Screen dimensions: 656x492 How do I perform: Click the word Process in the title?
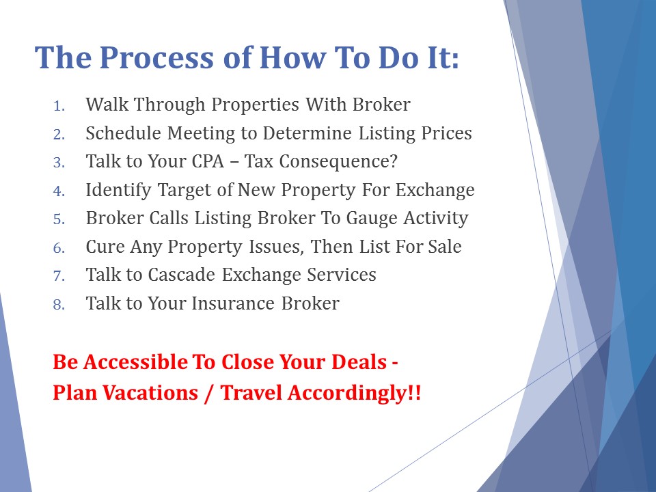pos(157,57)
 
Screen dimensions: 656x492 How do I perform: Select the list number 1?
pos(59,106)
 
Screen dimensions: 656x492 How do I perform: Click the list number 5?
pos(59,219)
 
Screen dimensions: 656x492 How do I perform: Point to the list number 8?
pos(59,305)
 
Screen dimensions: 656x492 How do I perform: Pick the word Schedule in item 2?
pos(124,133)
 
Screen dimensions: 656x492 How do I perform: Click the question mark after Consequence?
pos(393,161)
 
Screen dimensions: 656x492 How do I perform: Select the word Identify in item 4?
pos(118,191)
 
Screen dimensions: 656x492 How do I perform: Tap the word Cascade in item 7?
pos(181,275)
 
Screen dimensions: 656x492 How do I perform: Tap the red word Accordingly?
pos(348,394)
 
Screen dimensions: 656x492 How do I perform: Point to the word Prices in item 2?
pos(446,133)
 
